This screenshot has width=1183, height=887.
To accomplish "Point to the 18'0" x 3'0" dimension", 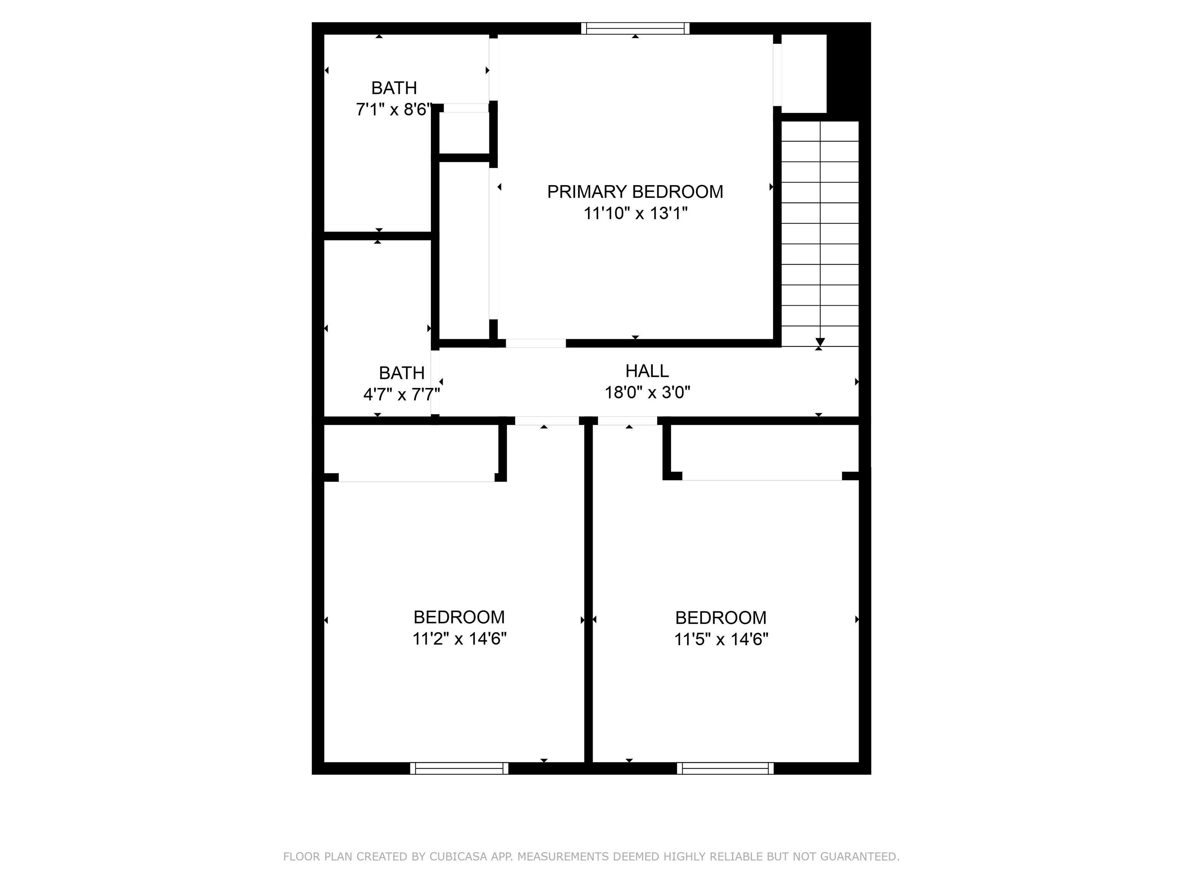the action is tap(647, 392).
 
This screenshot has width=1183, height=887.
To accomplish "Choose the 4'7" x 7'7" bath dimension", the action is tap(402, 395).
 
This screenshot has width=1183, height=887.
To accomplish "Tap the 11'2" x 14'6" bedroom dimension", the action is tap(459, 638).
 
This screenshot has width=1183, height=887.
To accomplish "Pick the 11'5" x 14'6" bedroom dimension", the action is tap(721, 639).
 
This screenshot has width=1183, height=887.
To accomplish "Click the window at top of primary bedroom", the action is tap(635, 28).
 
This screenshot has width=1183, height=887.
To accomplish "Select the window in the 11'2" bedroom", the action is tap(459, 768).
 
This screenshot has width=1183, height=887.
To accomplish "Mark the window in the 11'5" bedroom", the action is tap(725, 768).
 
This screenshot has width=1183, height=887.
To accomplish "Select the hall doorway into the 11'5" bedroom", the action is tap(627, 421).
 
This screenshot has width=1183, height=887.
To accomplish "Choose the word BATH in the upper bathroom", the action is tap(394, 88).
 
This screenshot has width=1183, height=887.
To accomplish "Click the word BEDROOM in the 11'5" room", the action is tap(721, 618).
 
